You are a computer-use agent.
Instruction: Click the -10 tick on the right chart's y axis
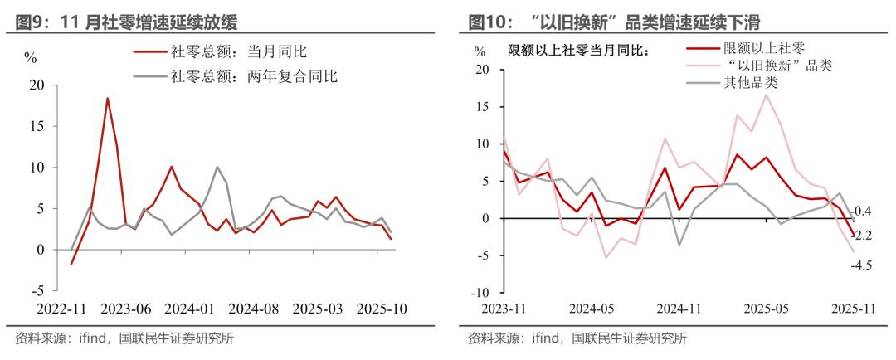481,293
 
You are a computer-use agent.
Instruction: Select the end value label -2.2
863,236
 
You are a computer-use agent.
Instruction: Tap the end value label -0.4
863,212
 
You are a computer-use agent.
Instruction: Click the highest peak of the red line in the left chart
107,98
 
